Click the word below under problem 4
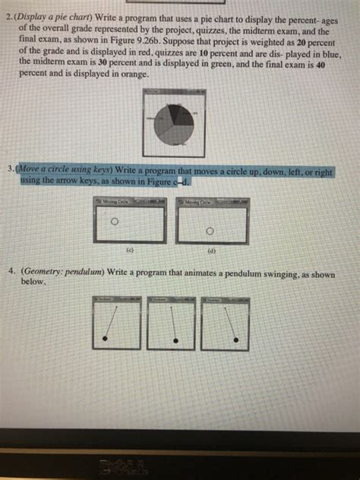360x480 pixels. [34, 280]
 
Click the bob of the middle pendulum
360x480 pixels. [177, 341]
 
